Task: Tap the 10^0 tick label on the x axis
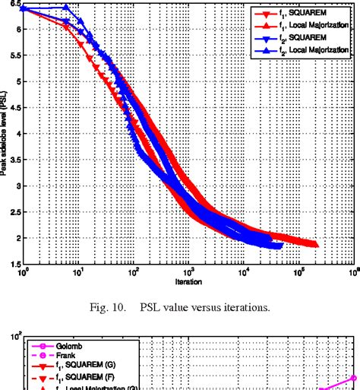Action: [23, 271]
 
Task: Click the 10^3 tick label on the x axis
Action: [188, 271]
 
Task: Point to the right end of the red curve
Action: [316, 244]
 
